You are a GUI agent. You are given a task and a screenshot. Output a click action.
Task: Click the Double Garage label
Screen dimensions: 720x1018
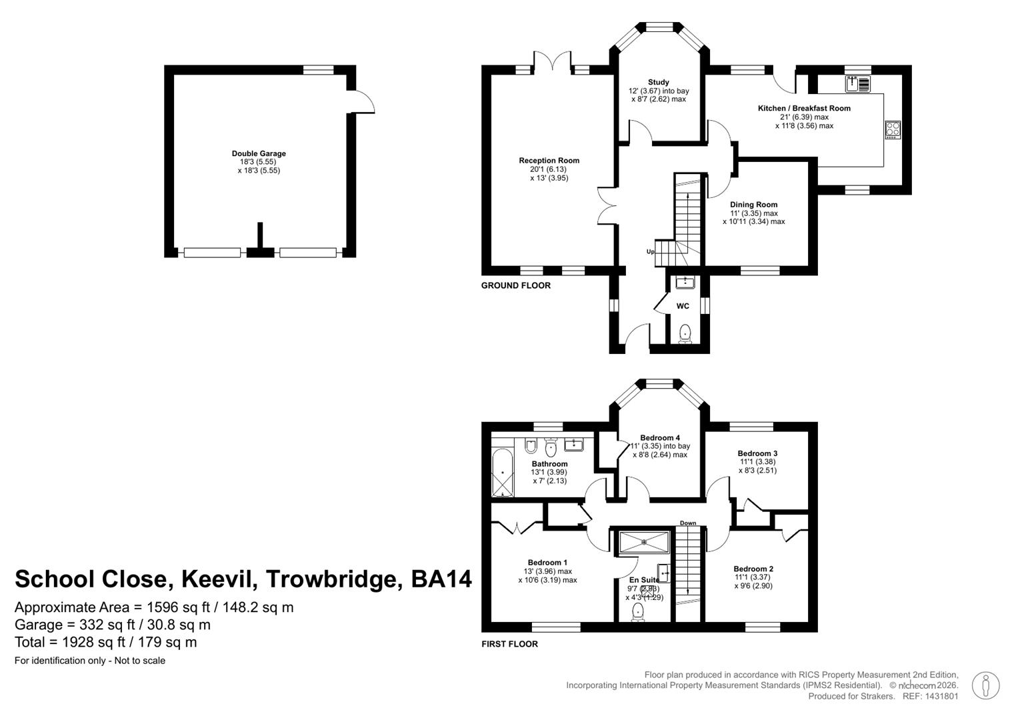pos(259,153)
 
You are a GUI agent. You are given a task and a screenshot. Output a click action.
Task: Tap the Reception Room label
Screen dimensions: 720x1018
pos(549,161)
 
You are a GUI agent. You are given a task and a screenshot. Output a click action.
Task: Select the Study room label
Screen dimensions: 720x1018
pos(659,83)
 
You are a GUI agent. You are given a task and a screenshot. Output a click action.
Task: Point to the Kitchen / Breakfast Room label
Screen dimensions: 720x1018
pos(804,108)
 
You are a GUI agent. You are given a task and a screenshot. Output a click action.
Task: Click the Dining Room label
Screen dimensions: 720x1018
pos(753,205)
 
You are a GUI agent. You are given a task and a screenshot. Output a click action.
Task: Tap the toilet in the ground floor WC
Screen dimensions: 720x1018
pos(685,333)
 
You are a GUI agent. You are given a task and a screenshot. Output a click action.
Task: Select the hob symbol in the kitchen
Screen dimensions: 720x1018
pos(893,129)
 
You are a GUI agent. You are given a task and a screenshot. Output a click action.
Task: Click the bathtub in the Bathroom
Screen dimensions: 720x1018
pos(503,473)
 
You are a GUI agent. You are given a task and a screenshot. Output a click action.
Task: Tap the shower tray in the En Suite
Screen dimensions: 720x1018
pos(644,542)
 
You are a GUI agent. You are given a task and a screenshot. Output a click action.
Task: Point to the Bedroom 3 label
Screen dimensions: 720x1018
pos(757,453)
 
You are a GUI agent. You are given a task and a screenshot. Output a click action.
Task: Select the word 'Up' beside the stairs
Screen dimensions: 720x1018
pos(650,251)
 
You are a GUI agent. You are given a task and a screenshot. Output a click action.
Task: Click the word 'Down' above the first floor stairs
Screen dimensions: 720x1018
pos(688,523)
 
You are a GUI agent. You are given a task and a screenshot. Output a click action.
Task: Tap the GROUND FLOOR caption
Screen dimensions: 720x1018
pos(516,286)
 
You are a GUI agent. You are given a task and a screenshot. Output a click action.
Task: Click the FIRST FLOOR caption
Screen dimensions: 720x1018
pos(509,644)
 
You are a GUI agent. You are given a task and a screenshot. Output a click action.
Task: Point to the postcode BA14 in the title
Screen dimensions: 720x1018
pos(441,579)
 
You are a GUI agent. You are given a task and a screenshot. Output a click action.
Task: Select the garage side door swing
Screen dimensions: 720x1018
pos(363,102)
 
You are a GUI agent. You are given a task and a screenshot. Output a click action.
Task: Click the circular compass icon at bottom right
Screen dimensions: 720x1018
pos(985,686)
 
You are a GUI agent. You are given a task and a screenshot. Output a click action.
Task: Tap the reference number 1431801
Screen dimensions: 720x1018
pos(939,696)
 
